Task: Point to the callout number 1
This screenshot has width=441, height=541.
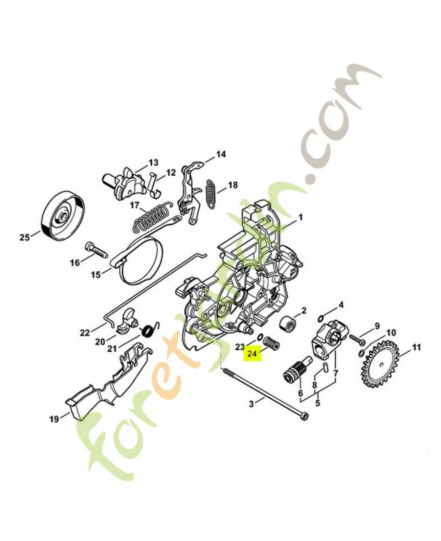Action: click(x=301, y=218)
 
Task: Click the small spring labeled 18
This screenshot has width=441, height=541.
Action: click(x=210, y=193)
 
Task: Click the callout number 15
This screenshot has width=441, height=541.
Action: click(x=96, y=274)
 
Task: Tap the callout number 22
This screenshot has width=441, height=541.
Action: click(x=85, y=332)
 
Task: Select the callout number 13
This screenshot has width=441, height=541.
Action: click(x=153, y=162)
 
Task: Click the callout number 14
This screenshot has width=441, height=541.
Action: click(x=220, y=155)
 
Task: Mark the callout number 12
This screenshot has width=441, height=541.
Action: click(x=170, y=172)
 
